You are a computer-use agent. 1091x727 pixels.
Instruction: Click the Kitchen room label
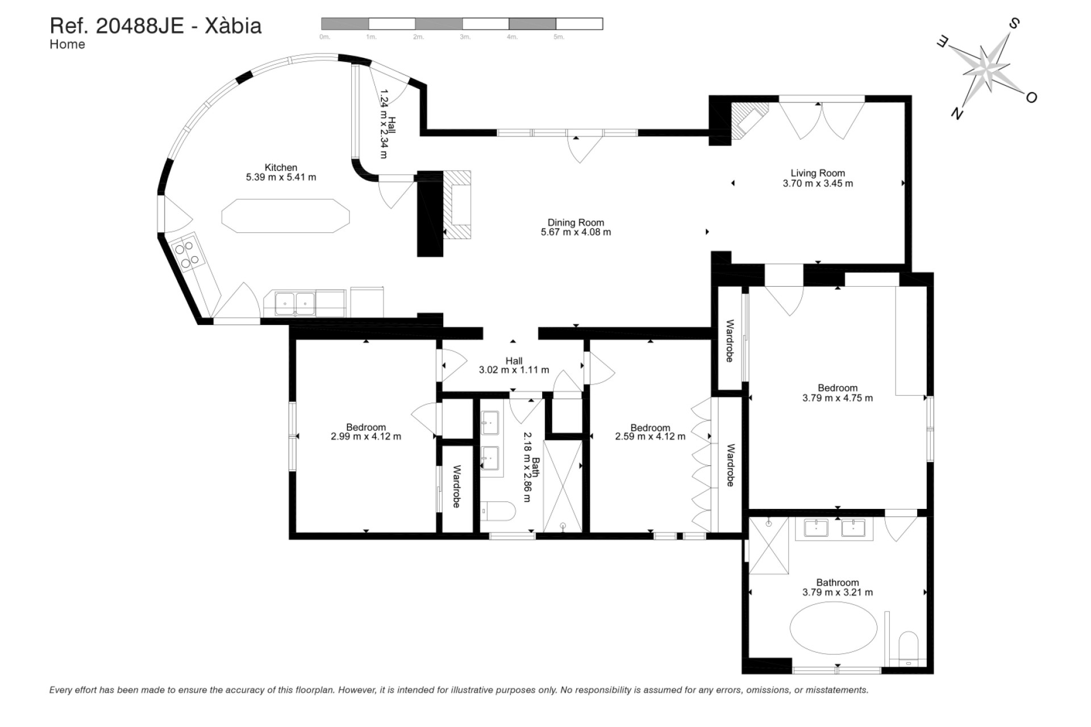281,168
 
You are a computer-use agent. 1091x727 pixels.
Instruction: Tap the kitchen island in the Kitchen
285,216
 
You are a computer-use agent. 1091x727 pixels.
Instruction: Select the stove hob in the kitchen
188,254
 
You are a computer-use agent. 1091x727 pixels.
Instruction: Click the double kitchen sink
295,303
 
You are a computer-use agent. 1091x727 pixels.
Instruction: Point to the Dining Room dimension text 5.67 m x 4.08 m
576,232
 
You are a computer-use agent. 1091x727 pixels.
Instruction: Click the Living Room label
817,173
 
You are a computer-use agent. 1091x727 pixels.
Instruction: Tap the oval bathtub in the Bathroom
833,629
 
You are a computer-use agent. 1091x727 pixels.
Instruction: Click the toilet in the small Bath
499,511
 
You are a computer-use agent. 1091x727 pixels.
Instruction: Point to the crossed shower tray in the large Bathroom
769,546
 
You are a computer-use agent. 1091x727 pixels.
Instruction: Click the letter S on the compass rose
1014,24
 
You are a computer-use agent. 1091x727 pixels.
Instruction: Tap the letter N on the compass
957,114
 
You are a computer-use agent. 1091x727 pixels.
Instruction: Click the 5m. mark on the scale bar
559,37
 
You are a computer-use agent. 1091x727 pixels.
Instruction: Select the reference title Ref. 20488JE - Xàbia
156,26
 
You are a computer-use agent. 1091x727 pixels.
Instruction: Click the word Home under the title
67,45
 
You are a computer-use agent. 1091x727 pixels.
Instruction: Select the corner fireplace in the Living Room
747,121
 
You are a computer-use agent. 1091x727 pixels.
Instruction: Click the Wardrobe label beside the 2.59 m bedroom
731,465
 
